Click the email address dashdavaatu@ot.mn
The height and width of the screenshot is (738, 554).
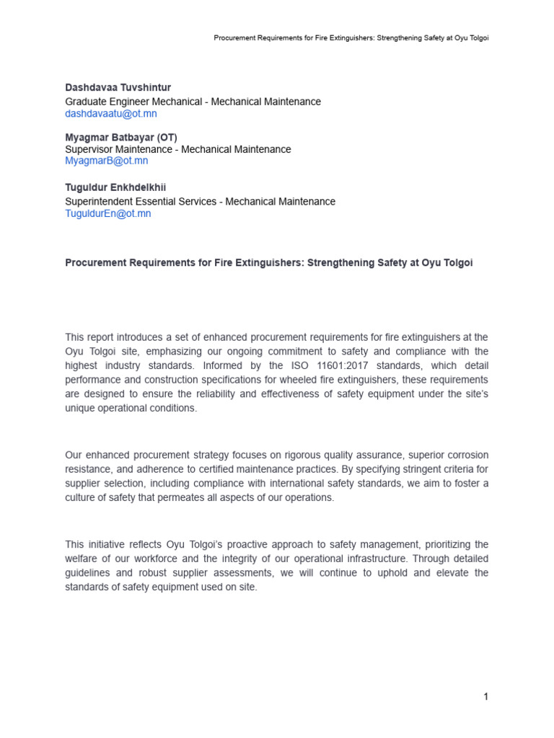pyautogui.click(x=111, y=114)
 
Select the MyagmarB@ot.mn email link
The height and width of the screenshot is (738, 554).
pyautogui.click(x=107, y=161)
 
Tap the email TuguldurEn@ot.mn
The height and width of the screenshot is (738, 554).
pyautogui.click(x=108, y=213)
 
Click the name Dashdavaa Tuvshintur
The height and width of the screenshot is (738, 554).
pyautogui.click(x=118, y=87)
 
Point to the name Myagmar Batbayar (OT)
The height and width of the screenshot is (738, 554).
pyautogui.click(x=121, y=137)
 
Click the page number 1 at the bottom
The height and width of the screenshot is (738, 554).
pyautogui.click(x=486, y=696)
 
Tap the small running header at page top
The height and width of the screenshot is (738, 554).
pyautogui.click(x=351, y=37)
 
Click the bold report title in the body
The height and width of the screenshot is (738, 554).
pyautogui.click(x=269, y=262)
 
